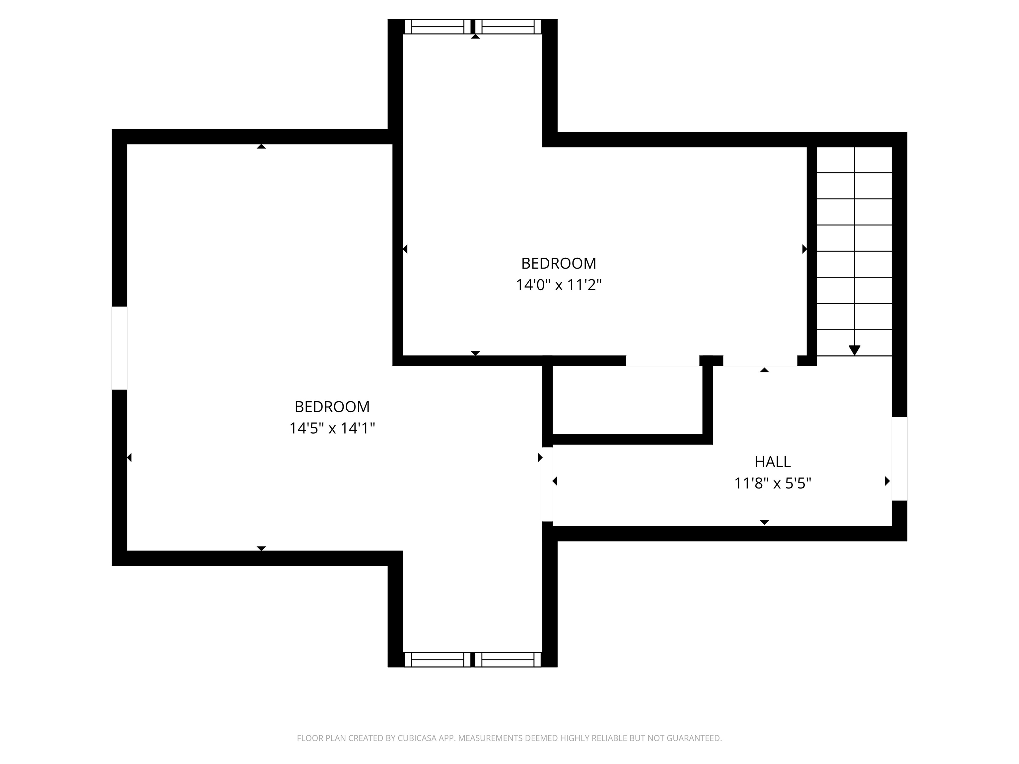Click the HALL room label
(773, 462)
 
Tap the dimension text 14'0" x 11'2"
(558, 285)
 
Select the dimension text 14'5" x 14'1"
(332, 428)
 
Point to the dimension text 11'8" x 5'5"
(773, 483)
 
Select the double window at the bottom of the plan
(473, 660)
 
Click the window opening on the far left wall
(119, 348)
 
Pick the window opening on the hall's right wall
(899, 459)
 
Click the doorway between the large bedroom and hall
(547, 484)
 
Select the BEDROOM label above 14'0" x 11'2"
(558, 263)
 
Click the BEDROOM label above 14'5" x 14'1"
(332, 407)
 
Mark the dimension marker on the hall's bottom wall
(764, 522)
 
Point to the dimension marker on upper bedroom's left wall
(405, 249)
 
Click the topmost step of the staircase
(854, 160)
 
